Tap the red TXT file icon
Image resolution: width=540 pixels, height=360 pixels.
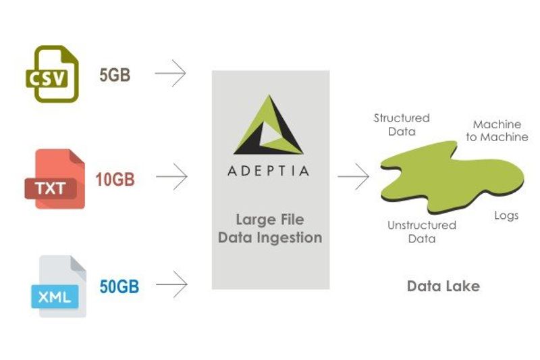coord(54,179)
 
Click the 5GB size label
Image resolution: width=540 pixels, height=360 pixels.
coord(115,75)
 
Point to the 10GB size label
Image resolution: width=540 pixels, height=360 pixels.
coord(115,180)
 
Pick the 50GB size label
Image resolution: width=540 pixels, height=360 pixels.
coord(119,286)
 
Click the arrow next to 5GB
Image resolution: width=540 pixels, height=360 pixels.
coord(170,74)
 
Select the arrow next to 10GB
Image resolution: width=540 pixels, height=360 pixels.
coord(170,178)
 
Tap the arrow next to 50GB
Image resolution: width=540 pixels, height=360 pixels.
coord(170,284)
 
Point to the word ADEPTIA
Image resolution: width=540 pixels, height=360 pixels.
coord(269,170)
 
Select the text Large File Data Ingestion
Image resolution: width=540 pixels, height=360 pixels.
coord(269,228)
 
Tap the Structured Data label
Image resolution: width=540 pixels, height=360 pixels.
coord(402,125)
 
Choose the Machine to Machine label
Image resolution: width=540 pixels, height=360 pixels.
coord(497,130)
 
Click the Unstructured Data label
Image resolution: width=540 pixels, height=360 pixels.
coord(422,232)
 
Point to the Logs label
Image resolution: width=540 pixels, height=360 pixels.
coord(506,215)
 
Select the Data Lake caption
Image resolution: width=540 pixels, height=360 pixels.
coord(443,286)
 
